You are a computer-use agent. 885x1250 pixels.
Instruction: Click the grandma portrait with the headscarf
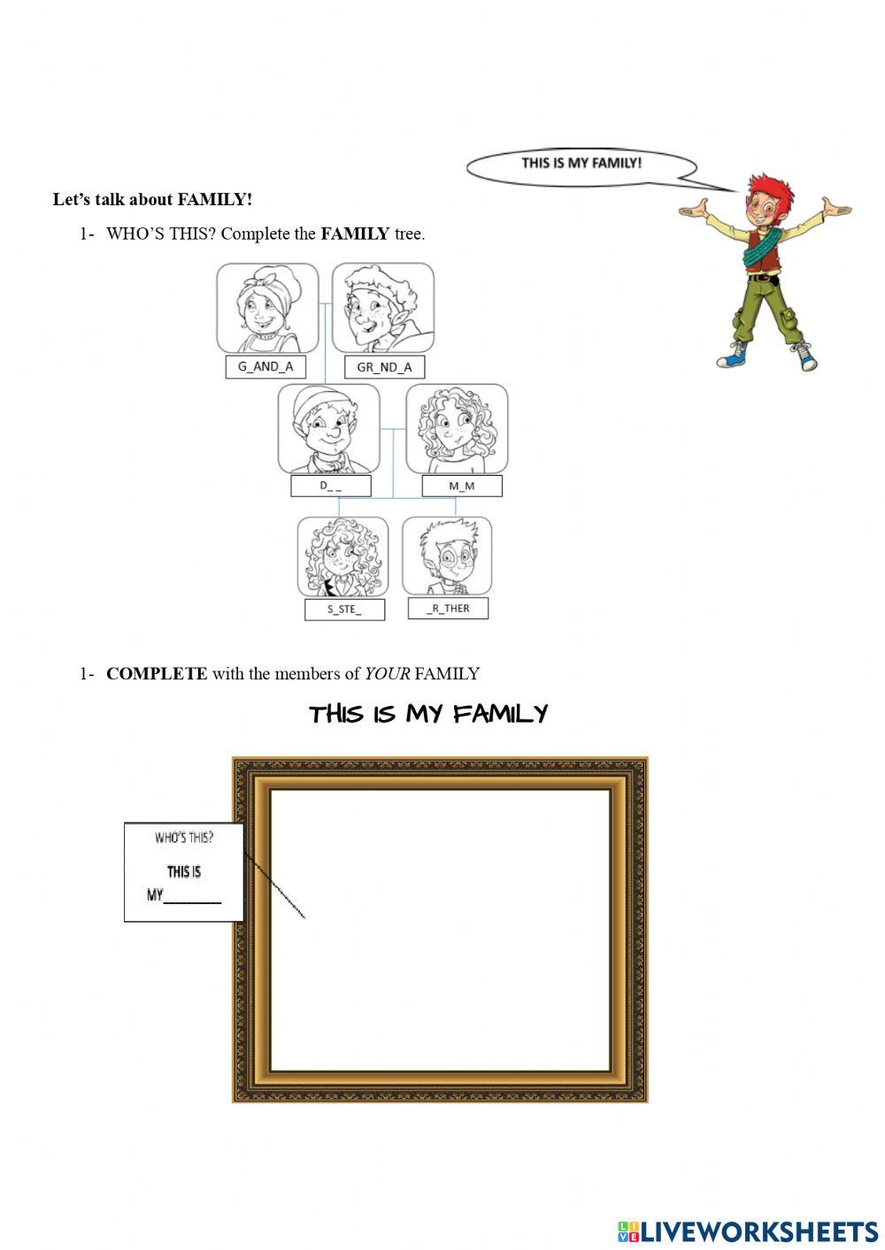(x=267, y=308)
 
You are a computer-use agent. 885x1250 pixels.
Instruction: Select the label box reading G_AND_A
(x=265, y=367)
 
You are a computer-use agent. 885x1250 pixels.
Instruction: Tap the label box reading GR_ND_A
(x=384, y=367)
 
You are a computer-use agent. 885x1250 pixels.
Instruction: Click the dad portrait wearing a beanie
(x=328, y=428)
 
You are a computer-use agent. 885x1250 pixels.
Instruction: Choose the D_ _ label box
(x=331, y=486)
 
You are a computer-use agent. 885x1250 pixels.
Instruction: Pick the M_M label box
(x=461, y=486)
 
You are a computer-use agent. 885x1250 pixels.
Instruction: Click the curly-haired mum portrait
(x=457, y=428)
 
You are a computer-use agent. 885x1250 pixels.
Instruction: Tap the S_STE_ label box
(x=344, y=610)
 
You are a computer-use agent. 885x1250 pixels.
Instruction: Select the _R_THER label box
(x=448, y=608)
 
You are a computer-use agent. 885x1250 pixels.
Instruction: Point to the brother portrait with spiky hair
(x=447, y=556)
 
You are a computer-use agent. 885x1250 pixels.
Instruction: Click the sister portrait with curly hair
(x=342, y=556)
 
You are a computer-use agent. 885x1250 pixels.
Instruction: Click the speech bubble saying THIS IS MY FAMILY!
(x=581, y=165)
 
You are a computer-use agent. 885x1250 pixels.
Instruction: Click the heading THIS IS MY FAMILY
(x=428, y=714)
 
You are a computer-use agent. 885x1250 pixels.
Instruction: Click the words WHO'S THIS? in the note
(x=184, y=838)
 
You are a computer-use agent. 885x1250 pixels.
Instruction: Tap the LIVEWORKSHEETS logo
(x=748, y=1231)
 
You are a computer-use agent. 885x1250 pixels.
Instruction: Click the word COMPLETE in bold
(x=157, y=674)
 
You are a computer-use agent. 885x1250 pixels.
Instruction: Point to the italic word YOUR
(x=387, y=674)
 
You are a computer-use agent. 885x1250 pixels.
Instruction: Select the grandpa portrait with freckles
(x=383, y=308)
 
